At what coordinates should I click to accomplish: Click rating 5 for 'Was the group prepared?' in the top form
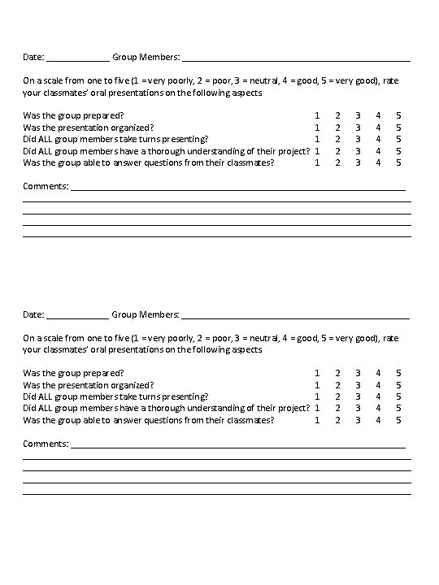coord(398,115)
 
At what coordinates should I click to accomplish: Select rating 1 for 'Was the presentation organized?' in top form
coord(317,128)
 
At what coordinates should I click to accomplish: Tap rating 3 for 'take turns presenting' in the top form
coord(358,139)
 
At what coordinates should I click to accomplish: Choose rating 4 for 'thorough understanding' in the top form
coord(378,151)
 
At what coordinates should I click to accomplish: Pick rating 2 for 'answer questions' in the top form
coord(338,162)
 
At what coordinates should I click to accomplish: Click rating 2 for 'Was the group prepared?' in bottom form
coord(338,373)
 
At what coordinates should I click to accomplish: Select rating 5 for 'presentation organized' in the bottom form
coord(398,384)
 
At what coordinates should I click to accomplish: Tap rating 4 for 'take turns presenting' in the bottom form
coord(378,396)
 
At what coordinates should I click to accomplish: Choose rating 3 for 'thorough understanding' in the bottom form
coord(358,408)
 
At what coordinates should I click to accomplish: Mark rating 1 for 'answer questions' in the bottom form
coord(317,420)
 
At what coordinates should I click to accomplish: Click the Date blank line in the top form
coord(78,59)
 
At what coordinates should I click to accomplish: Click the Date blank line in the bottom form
coord(78,316)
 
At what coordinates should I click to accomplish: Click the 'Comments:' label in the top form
coord(46,187)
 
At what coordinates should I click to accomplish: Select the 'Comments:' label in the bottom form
coord(46,444)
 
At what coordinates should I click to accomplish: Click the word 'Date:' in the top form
coord(33,58)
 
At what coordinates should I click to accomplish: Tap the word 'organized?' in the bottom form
coord(134,384)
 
